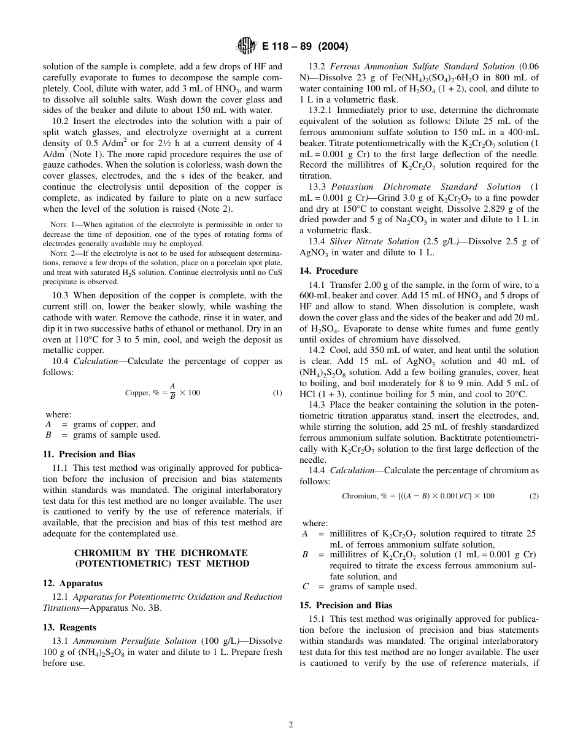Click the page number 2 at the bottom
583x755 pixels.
click(291, 724)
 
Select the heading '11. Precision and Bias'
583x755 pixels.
click(89, 455)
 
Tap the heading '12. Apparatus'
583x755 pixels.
click(73, 583)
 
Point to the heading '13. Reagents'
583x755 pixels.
click(69, 627)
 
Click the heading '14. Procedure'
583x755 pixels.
click(328, 271)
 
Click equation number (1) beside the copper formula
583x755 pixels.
click(277, 393)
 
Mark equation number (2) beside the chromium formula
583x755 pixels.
click(534, 496)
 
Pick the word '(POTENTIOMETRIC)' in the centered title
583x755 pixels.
click(115, 563)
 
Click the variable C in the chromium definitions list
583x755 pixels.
click(305, 586)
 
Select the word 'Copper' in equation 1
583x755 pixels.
click(137, 393)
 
